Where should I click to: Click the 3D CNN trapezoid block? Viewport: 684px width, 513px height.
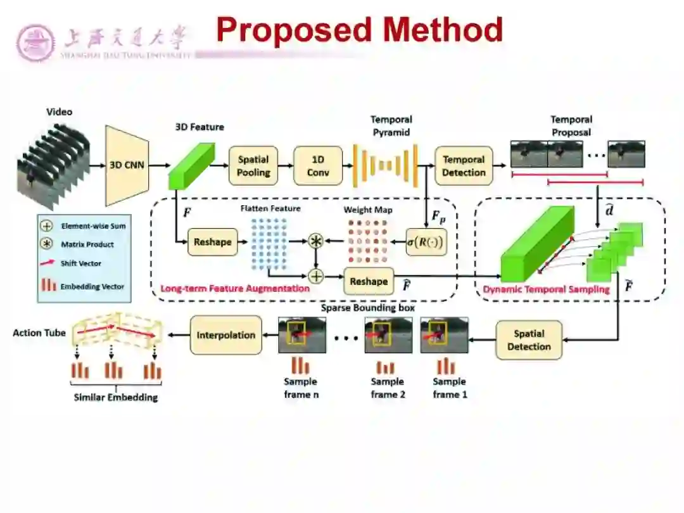pyautogui.click(x=127, y=165)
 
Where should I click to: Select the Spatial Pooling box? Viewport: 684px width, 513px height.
pyautogui.click(x=253, y=165)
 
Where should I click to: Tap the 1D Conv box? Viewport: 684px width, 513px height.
pyautogui.click(x=318, y=165)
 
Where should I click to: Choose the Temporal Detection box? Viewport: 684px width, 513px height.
pyautogui.click(x=464, y=165)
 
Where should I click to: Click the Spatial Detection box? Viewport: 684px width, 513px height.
pyautogui.click(x=529, y=340)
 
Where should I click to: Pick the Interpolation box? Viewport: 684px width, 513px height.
pyautogui.click(x=226, y=335)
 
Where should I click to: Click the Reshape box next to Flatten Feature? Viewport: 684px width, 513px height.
pyautogui.click(x=213, y=242)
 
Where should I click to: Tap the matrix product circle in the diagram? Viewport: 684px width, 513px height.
pyautogui.click(x=315, y=241)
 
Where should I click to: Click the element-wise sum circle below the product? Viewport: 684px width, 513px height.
pyautogui.click(x=315, y=275)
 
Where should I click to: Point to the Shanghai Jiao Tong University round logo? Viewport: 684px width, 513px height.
pyautogui.click(x=35, y=43)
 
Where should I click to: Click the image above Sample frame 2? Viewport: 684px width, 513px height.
pyautogui.click(x=388, y=335)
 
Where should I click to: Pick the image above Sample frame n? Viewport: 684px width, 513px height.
pyautogui.click(x=302, y=335)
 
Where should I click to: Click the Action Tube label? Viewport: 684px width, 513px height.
pyautogui.click(x=39, y=332)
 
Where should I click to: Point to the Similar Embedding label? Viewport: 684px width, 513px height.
pyautogui.click(x=116, y=398)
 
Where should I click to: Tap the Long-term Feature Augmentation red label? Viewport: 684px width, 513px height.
pyautogui.click(x=235, y=289)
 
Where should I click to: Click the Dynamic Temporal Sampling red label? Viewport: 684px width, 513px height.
pyautogui.click(x=546, y=289)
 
